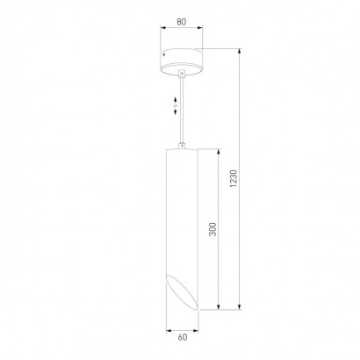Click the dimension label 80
(182, 22)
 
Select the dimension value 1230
(234, 178)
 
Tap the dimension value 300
(212, 229)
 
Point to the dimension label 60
(182, 337)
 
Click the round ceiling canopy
(182, 61)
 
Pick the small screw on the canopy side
(164, 54)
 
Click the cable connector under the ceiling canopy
(182, 74)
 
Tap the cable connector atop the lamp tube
(182, 145)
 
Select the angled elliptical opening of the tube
(182, 292)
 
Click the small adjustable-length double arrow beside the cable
(176, 105)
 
